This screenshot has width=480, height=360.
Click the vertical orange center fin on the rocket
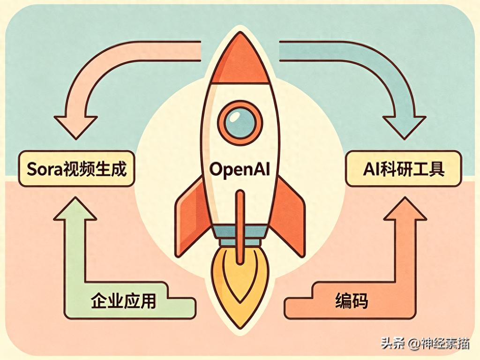coord(240,220)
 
